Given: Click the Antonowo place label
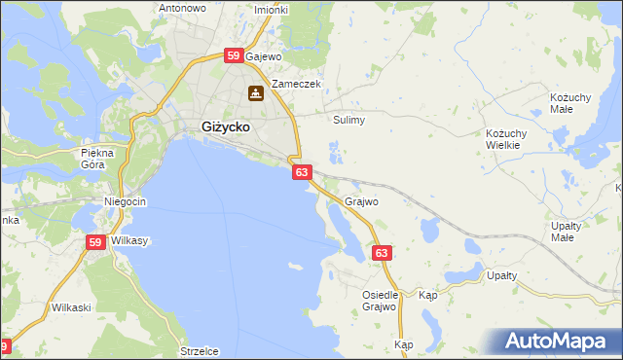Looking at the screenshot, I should pos(182,8).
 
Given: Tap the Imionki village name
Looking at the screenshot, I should pos(271,10).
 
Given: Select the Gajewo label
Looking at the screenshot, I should pos(263,57).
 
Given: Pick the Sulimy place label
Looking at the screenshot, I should pos(348,121).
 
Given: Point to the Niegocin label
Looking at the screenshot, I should pos(125,201).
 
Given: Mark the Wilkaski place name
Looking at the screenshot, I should pos(71,307).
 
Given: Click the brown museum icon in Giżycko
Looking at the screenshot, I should pos(255,93).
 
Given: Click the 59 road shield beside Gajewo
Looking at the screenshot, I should pos(233,56).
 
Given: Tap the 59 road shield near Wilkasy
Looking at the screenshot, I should pos(94,243).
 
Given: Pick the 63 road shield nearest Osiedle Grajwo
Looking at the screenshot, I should pos(382,253).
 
